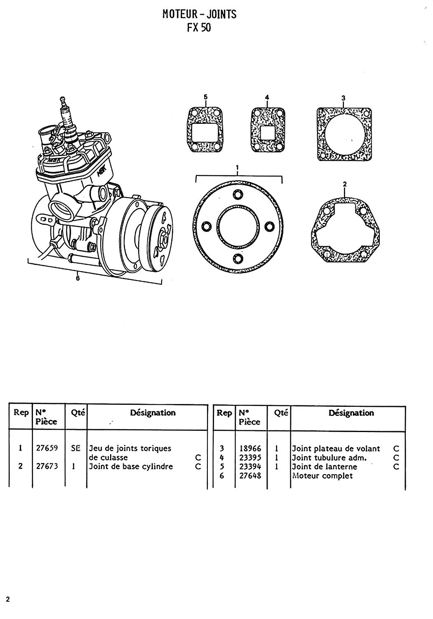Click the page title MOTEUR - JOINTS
(199, 14)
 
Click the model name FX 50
(199, 28)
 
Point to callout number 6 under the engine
(78, 278)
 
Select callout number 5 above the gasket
(205, 97)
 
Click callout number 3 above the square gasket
(343, 98)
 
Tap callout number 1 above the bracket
(238, 168)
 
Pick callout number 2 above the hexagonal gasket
(345, 184)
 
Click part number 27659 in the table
(47, 448)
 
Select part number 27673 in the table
(47, 466)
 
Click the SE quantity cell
(75, 448)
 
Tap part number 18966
(250, 448)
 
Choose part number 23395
(250, 457)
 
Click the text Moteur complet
(322, 475)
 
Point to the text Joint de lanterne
(325, 466)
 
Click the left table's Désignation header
(153, 413)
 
